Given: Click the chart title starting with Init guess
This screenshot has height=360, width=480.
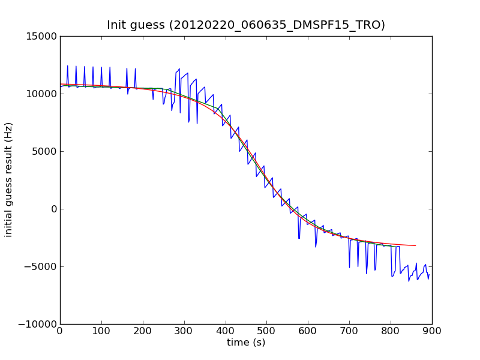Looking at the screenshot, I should pos(246,25).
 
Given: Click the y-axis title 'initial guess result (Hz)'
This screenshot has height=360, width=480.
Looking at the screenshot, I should pos(9,180).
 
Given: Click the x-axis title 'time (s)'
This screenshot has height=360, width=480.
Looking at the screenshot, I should pos(246,343).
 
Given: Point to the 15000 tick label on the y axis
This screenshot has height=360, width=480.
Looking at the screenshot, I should pos(42,36).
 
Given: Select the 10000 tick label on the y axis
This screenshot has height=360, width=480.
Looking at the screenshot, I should pos(42,94).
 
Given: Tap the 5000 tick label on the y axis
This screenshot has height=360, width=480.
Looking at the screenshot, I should pos(44,151).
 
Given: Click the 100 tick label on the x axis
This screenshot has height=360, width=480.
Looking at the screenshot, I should pos(101,331).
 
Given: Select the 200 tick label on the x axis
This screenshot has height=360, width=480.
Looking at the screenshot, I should pos(143,331).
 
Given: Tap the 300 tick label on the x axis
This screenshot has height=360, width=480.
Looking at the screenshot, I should pos(184,331).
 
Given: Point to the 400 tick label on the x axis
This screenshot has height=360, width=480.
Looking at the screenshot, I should pos(226,331).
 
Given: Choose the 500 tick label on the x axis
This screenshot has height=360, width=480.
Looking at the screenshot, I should pos(266,331).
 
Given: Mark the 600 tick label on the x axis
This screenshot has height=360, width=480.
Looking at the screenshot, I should pos(308,331).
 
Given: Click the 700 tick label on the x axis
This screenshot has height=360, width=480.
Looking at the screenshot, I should pos(349,331).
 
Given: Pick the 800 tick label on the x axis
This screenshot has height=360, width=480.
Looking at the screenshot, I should pos(391,331).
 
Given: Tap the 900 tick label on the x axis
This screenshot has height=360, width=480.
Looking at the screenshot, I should pos(432,331).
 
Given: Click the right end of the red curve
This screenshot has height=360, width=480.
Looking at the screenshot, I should pos(415,245).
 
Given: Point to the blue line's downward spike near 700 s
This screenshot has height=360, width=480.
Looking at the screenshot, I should pos(349,267).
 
